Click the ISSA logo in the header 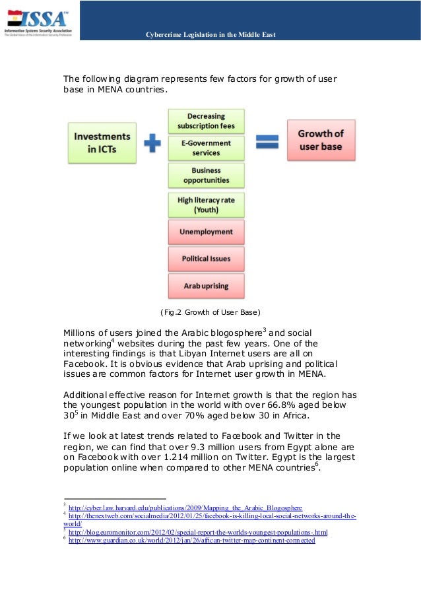39,21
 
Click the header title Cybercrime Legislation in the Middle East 210,34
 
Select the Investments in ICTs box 102,143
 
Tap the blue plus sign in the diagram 152,143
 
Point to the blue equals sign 267,141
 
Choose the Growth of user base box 321,139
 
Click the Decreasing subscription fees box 206,121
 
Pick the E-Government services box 206,148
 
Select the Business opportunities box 206,175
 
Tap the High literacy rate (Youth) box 206,205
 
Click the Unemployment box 206,232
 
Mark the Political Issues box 206,259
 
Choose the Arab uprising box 206,286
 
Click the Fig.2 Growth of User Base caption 210,312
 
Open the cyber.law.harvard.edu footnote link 185,508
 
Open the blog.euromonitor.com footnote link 198,532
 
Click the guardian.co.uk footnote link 191,541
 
